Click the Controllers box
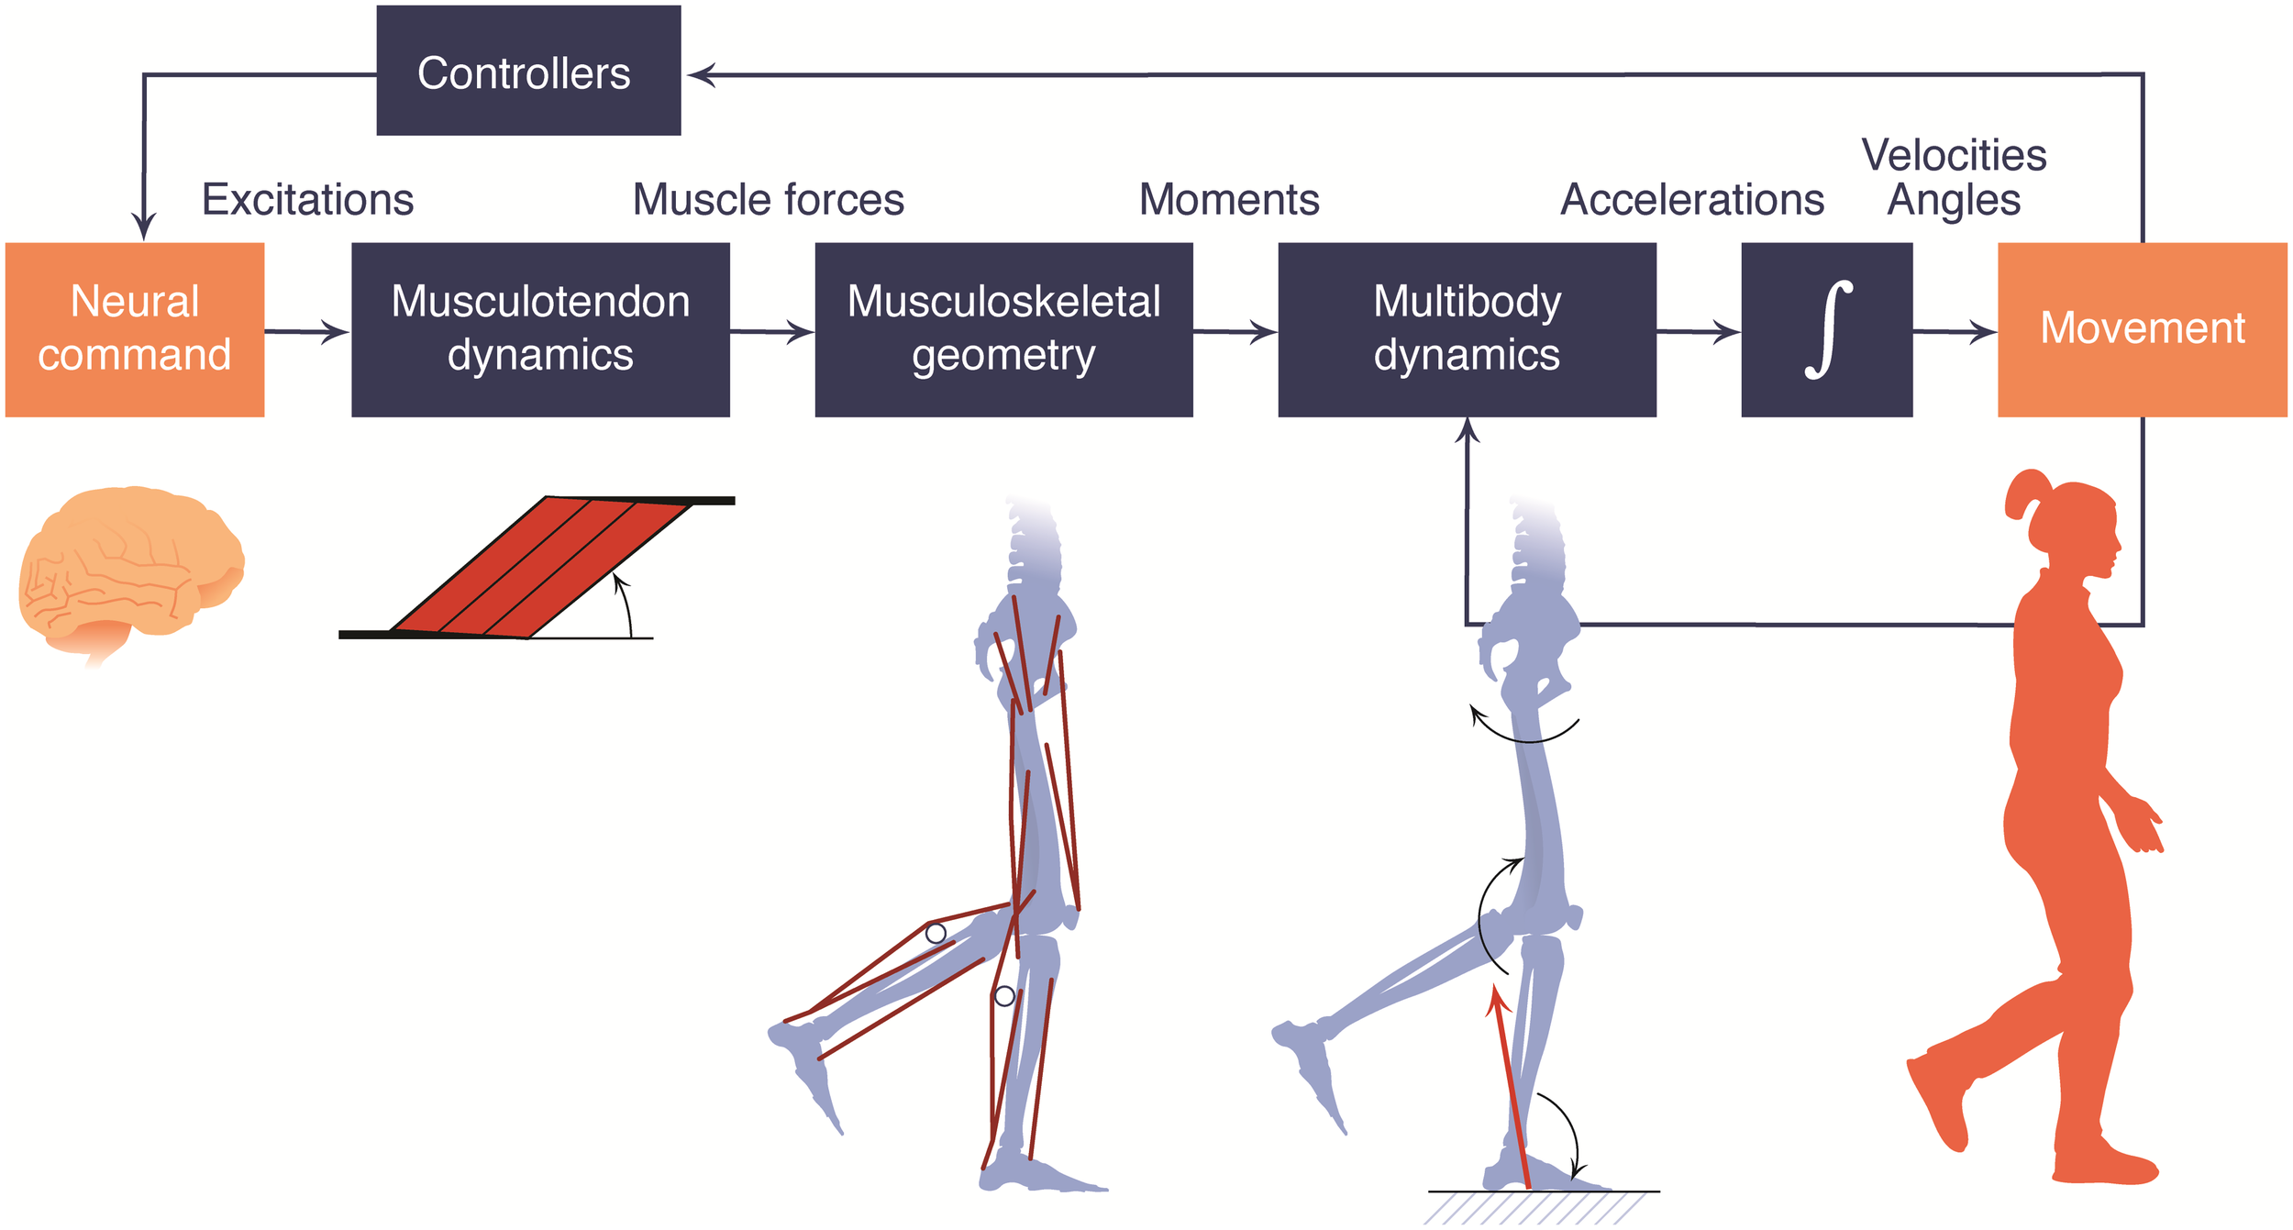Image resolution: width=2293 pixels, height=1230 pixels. point(528,71)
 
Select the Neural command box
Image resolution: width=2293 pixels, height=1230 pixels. point(135,329)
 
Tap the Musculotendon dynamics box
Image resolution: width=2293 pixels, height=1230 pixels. point(540,329)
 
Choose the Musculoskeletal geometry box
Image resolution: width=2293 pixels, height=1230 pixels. point(1003,329)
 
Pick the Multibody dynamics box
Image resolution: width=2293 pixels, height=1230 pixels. point(1467,329)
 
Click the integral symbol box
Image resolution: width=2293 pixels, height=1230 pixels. point(1826,329)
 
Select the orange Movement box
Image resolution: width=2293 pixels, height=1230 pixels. point(2142,329)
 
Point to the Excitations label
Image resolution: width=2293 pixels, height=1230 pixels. point(307,199)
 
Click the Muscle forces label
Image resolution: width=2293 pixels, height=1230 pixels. point(769,199)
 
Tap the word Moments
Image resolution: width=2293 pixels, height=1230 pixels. point(1229,199)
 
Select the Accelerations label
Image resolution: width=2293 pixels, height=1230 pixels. point(1692,199)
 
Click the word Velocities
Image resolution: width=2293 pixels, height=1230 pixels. point(1954,155)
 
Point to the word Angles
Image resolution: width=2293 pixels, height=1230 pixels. point(1954,201)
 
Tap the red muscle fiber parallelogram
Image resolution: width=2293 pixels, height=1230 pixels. point(541,567)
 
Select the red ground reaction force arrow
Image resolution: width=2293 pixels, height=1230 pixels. point(1509,1087)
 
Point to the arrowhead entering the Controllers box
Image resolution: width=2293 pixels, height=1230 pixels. point(701,74)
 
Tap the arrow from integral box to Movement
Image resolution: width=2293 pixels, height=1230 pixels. point(1955,331)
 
